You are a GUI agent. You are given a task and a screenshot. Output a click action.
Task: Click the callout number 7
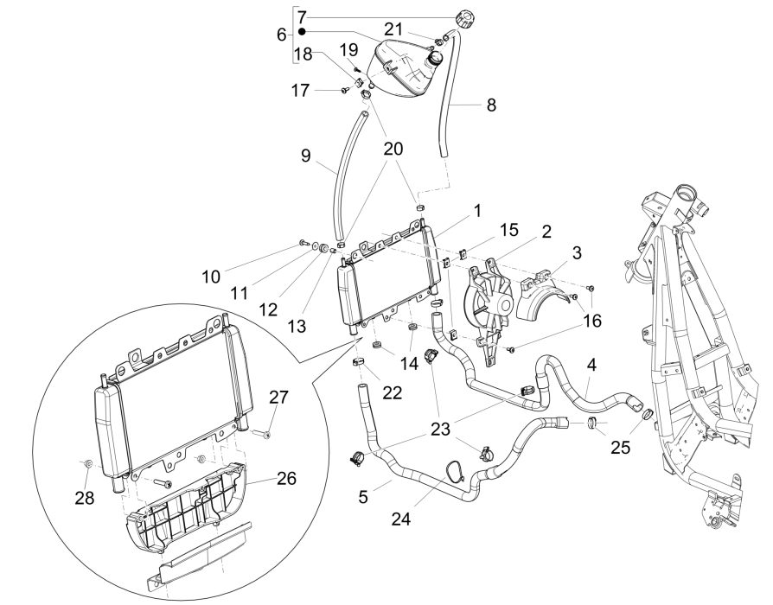301,16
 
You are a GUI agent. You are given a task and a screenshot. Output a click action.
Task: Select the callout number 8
490,106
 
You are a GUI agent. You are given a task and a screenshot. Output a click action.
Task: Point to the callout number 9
304,156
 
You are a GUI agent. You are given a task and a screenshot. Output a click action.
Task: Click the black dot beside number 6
302,31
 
